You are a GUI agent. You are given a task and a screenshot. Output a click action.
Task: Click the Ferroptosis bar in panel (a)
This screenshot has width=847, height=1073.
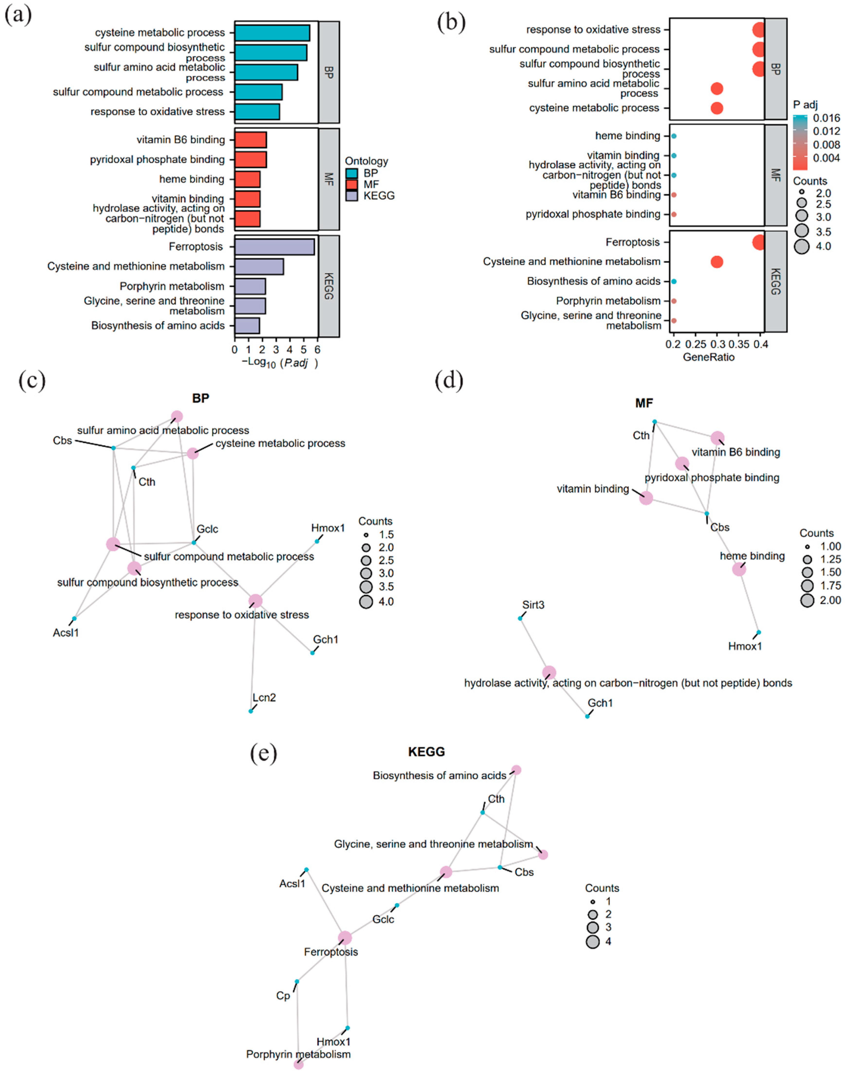point(274,247)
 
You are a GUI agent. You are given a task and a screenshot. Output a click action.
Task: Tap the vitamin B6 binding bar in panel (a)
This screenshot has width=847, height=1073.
point(250,140)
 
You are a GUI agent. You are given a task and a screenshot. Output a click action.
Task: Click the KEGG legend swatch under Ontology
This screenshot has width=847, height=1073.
point(352,196)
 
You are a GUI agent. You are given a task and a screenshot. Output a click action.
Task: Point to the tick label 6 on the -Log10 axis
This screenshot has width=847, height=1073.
point(317,349)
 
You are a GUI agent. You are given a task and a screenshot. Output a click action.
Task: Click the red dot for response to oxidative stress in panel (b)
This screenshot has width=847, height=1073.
point(758,30)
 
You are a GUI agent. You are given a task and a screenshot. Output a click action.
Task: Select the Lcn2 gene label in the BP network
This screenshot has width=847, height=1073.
point(264,698)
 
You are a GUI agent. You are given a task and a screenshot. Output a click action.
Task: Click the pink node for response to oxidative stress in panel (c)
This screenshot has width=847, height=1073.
point(255,601)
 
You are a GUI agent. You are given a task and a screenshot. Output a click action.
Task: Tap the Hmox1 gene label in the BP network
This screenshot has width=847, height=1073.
point(328,528)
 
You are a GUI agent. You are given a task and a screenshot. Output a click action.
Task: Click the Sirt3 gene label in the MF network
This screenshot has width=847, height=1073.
point(533,605)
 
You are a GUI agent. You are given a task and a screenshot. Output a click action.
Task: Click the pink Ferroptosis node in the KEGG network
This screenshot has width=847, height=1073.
point(345,938)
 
